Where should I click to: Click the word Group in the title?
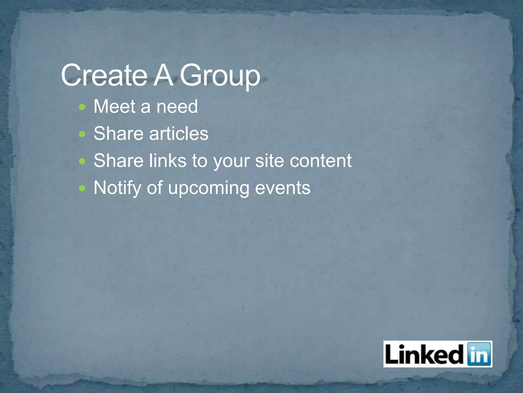pos(220,76)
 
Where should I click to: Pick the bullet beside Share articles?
pos(82,134)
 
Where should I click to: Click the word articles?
pos(179,134)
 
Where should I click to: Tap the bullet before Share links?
pos(82,161)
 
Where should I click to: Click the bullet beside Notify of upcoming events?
pos(82,189)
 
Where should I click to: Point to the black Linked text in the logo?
pos(424,354)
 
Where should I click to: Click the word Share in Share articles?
pos(118,134)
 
